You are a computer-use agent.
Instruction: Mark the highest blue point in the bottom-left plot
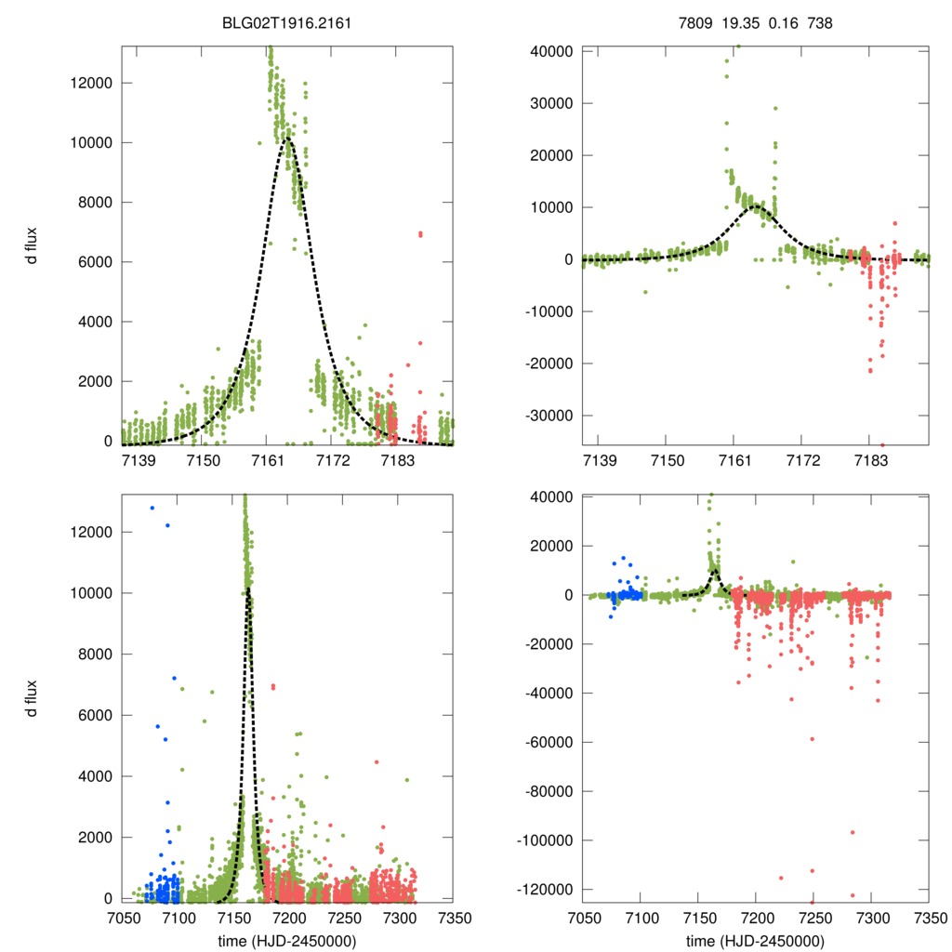pos(152,508)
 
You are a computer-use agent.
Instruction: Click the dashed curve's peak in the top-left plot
pos(288,139)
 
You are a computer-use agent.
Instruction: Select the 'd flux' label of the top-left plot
pos(31,245)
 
